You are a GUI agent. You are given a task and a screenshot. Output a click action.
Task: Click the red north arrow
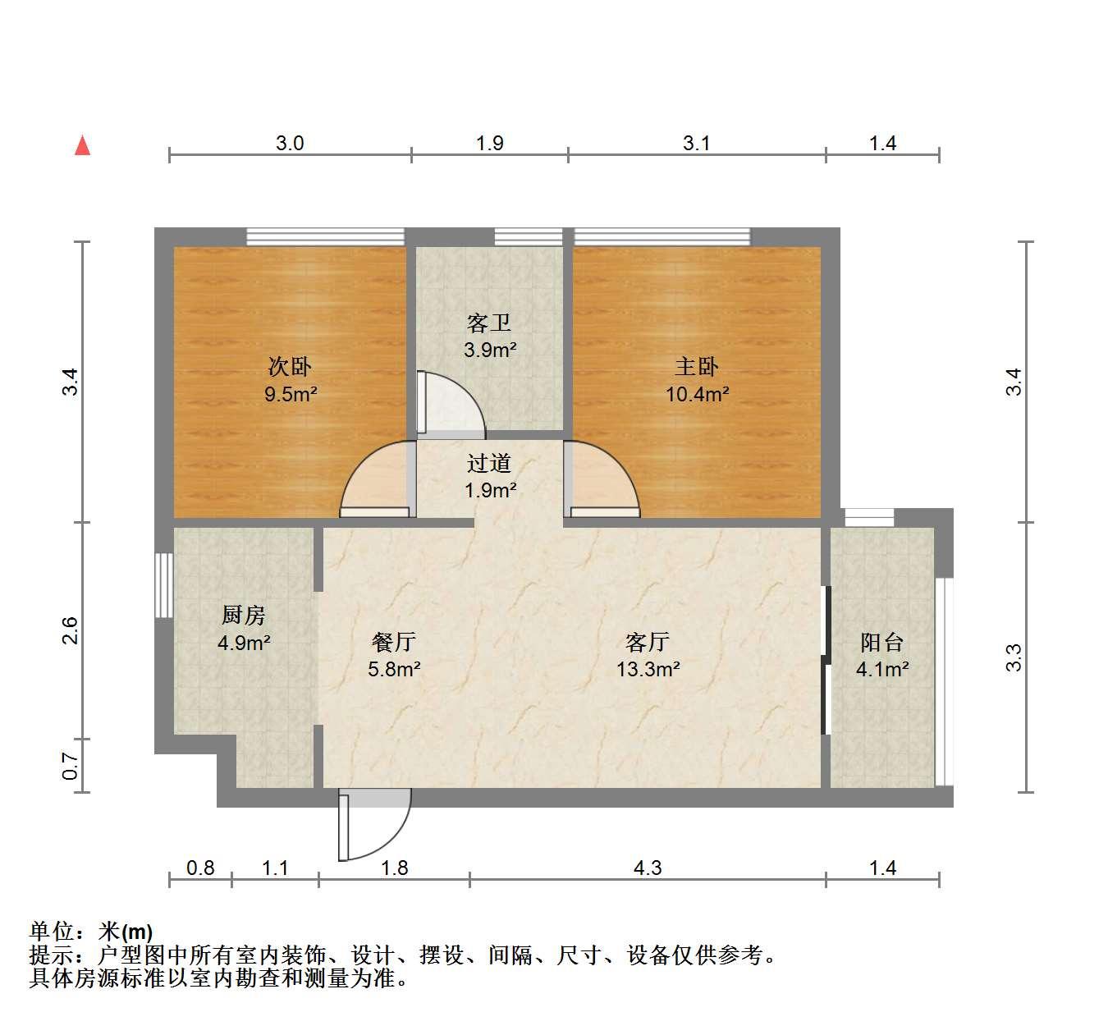tap(83, 145)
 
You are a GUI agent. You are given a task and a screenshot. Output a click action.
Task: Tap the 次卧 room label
tap(290, 367)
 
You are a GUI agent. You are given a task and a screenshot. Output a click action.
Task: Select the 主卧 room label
tap(696, 367)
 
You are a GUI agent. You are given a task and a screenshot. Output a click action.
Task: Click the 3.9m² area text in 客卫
tap(490, 350)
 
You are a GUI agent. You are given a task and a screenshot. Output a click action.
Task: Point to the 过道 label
tap(489, 463)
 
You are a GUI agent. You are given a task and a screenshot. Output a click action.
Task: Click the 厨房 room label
tap(243, 615)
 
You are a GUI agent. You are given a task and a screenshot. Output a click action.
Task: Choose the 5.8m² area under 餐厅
tap(394, 668)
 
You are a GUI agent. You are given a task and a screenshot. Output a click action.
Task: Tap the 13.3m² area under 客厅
tap(648, 668)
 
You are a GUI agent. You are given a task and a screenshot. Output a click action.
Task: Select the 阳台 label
tap(881, 642)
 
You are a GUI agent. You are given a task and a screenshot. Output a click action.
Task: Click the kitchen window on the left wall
tap(164, 584)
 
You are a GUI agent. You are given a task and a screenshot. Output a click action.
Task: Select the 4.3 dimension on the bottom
tap(648, 868)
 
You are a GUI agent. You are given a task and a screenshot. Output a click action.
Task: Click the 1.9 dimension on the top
tap(489, 144)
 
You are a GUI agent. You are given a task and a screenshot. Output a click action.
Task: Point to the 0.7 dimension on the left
tap(70, 766)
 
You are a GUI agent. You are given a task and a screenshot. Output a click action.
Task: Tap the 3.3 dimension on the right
tap(1014, 657)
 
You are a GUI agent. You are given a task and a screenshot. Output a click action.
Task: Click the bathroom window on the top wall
tap(529, 236)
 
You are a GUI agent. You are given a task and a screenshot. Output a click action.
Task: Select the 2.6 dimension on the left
tap(70, 630)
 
